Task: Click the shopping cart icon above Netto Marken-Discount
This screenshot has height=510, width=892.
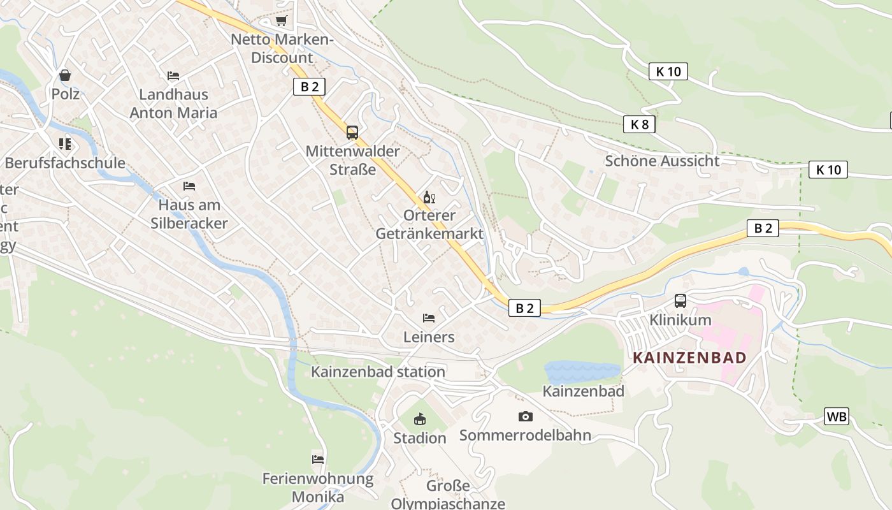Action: coord(281,20)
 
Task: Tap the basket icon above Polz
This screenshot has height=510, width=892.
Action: coord(65,75)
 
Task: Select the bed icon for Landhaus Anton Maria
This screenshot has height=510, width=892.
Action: coord(173,75)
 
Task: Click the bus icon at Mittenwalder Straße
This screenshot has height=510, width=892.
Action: coord(352,133)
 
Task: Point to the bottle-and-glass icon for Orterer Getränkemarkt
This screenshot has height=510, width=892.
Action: coord(429,197)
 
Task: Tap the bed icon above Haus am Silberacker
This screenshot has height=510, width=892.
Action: coord(189,186)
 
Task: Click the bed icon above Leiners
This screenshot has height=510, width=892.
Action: coord(429,317)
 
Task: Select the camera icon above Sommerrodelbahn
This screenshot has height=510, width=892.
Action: coord(525,416)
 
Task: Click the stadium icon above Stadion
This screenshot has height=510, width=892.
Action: coord(419,419)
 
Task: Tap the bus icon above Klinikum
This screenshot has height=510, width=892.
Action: coord(680,301)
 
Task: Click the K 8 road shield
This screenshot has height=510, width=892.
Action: coord(639,124)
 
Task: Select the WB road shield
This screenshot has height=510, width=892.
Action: coord(836,416)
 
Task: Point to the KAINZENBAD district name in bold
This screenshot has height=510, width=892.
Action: coord(689,358)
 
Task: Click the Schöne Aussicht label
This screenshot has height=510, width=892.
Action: coord(662,161)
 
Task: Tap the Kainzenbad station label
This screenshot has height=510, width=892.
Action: coord(378,372)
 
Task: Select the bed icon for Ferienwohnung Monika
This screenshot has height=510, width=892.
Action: coord(317,459)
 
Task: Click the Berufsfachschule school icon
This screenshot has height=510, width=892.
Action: coord(64,144)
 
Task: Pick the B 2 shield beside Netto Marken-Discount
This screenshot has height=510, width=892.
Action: coord(309,87)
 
